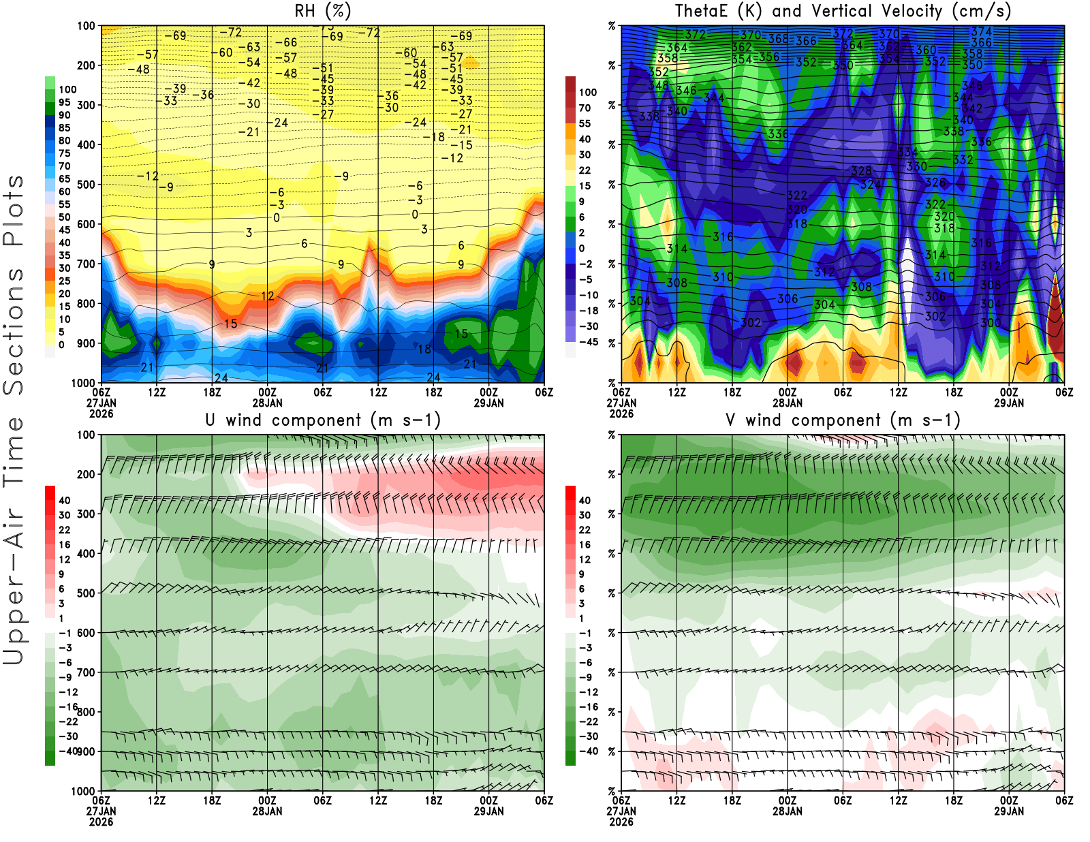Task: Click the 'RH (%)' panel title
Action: pyautogui.click(x=322, y=11)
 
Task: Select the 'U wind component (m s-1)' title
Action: pyautogui.click(x=323, y=420)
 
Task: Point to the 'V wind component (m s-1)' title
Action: pyautogui.click(x=843, y=420)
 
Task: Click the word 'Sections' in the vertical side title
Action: pyautogui.click(x=14, y=330)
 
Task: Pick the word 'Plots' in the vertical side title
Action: pyautogui.click(x=14, y=211)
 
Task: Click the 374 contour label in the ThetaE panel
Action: pyautogui.click(x=982, y=31)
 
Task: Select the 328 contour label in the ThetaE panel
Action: pyautogui.click(x=862, y=171)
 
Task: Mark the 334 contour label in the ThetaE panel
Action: pyautogui.click(x=907, y=153)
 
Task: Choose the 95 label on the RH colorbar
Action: pyautogui.click(x=65, y=102)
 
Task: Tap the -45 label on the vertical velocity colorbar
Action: pyautogui.click(x=587, y=342)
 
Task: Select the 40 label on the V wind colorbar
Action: pyautogui.click(x=585, y=500)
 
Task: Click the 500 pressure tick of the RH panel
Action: pyautogui.click(x=86, y=184)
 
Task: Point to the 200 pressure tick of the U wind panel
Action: pyautogui.click(x=86, y=474)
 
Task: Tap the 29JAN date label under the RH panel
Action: pyautogui.click(x=488, y=403)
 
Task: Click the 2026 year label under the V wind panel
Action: pyautogui.click(x=621, y=822)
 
